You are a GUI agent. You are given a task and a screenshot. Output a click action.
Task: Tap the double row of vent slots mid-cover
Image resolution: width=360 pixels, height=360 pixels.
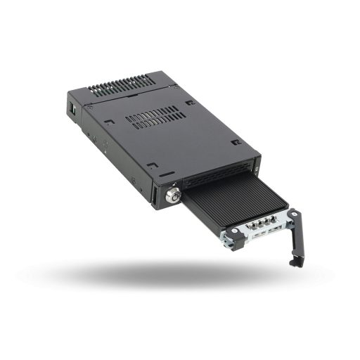click(155, 117)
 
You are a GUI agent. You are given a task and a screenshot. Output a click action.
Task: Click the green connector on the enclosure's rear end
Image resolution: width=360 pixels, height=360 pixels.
click(72, 110)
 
